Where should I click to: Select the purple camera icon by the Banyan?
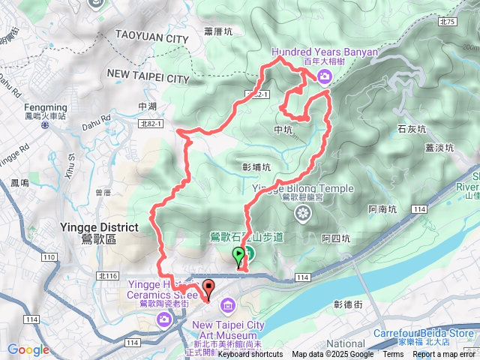pyautogui.click(x=324, y=76)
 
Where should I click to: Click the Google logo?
pyautogui.click(x=28, y=349)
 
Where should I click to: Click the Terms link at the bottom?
pyautogui.click(x=393, y=355)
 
